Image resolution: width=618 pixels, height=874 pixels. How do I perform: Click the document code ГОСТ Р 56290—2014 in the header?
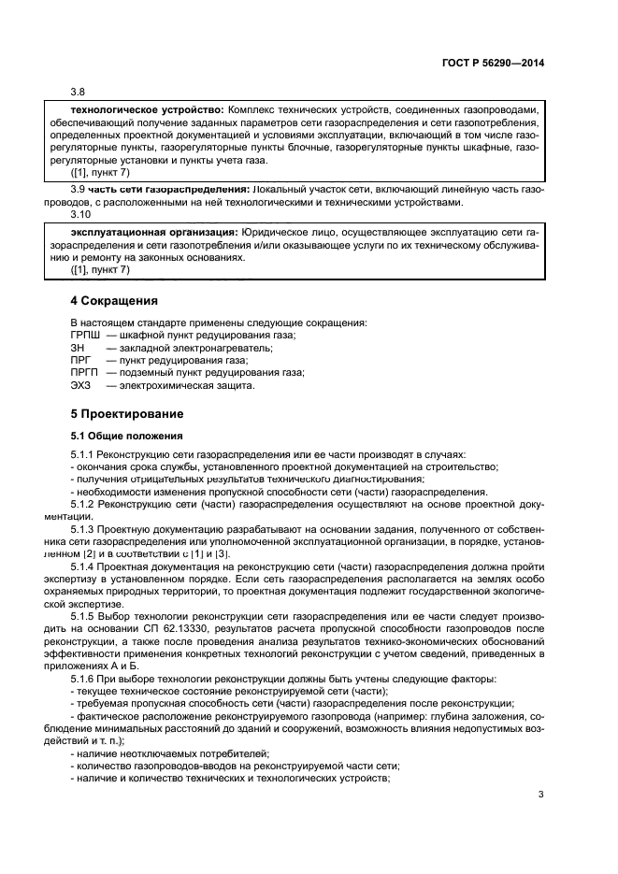click(493, 63)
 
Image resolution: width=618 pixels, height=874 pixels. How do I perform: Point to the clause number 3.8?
click(79, 92)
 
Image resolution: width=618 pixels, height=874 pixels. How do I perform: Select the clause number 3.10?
click(80, 214)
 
